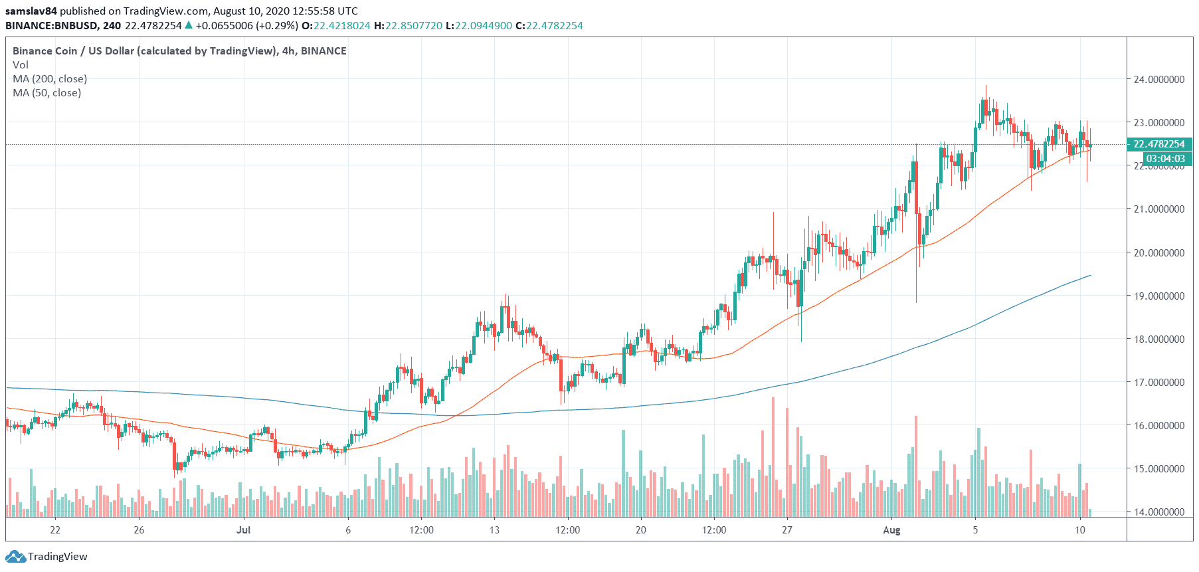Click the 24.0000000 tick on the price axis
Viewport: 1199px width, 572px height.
[x=1158, y=80]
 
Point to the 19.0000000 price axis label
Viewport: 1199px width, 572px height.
[x=1158, y=296]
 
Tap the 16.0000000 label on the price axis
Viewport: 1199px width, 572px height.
[x=1158, y=426]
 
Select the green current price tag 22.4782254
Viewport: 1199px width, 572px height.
[x=1159, y=144]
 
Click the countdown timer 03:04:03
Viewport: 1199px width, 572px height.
[x=1165, y=159]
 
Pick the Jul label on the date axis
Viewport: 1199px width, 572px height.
[x=244, y=530]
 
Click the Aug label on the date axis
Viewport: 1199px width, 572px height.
[x=891, y=530]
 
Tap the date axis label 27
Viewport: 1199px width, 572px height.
[x=787, y=530]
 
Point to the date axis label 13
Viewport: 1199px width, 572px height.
[x=494, y=530]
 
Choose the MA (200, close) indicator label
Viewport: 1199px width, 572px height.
[x=50, y=79]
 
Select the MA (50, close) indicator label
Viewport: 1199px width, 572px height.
[x=47, y=93]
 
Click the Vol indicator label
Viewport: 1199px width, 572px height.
[x=21, y=65]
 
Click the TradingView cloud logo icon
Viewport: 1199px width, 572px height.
[x=16, y=557]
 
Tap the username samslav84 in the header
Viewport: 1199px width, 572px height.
[x=31, y=11]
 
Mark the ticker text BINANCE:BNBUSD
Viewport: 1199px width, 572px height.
[x=52, y=26]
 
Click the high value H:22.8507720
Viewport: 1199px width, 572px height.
[x=408, y=26]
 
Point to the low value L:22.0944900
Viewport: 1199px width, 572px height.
[x=478, y=26]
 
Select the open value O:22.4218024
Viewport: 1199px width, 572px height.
[x=335, y=26]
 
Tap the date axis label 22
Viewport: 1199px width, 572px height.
[x=55, y=530]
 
